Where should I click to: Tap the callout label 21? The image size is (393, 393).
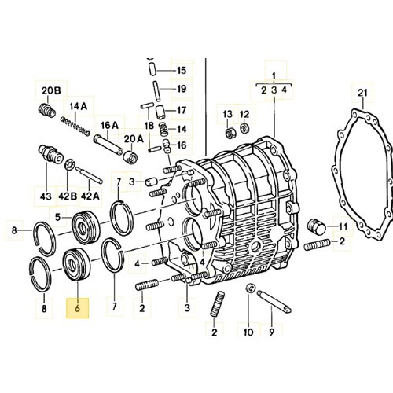[x=362, y=95]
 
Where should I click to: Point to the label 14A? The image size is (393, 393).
[x=79, y=106]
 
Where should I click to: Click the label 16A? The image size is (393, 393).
[x=108, y=125]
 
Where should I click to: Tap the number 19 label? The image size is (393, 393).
[x=181, y=89]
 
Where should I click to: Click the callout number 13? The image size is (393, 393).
[x=228, y=115]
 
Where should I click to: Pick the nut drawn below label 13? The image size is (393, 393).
[x=229, y=132]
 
